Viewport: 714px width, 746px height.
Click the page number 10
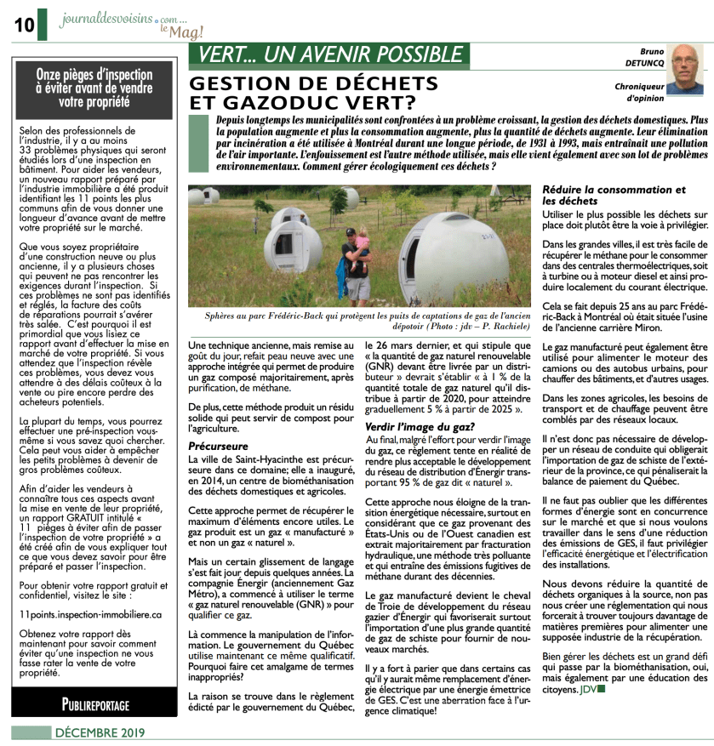point(23,25)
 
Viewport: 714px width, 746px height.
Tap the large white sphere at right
point(455,259)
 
